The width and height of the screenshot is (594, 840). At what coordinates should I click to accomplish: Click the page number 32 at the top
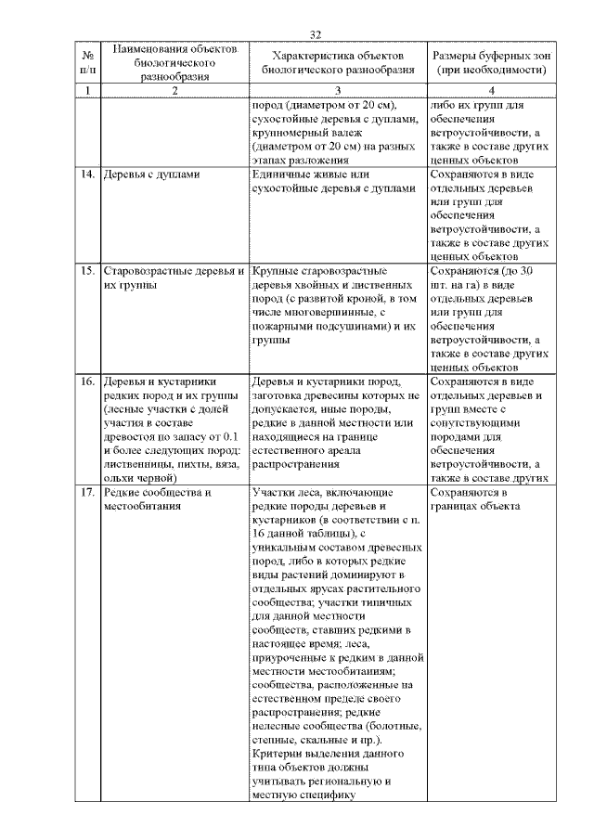click(315, 34)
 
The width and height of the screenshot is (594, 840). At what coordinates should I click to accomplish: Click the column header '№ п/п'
click(86, 61)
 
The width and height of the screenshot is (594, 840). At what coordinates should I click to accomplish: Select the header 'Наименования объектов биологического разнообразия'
click(174, 61)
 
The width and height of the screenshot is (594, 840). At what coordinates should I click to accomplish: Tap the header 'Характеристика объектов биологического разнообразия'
click(338, 61)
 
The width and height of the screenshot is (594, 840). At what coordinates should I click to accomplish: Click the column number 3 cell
click(338, 90)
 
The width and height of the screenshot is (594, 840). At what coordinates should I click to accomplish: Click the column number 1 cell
click(86, 90)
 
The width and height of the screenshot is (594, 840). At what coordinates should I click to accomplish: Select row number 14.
click(87, 174)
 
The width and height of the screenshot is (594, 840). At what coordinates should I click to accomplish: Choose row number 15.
click(87, 271)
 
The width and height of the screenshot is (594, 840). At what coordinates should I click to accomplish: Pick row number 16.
click(87, 381)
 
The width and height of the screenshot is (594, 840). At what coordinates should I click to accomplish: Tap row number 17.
click(87, 492)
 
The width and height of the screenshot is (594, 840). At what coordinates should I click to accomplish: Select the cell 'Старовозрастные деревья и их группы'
click(174, 278)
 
